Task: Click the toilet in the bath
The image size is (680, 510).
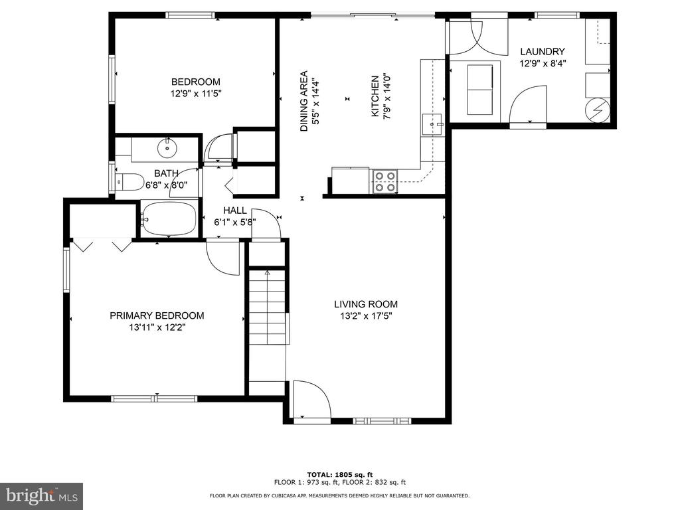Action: [x=129, y=182]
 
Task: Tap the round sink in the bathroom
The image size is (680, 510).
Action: [x=167, y=148]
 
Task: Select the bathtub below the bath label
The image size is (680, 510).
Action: [x=169, y=219]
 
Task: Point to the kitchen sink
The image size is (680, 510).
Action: [x=432, y=125]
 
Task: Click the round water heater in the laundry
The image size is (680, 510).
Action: [x=597, y=110]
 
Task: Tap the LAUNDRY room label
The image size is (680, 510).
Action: [x=543, y=52]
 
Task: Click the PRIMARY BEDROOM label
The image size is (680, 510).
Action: [x=157, y=315]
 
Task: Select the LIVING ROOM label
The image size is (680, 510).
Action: [x=366, y=304]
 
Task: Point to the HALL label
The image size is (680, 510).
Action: [x=235, y=211]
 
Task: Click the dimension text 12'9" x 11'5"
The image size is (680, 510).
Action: [x=196, y=93]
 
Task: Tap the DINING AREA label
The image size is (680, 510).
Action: [x=304, y=101]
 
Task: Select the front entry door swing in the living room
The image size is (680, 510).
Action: [x=312, y=399]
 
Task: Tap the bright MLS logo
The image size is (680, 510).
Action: [x=42, y=495]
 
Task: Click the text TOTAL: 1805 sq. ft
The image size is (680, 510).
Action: [x=339, y=474]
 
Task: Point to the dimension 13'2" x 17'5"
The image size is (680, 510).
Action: [x=366, y=316]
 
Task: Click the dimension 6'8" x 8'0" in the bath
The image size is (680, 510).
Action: [x=166, y=185]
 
